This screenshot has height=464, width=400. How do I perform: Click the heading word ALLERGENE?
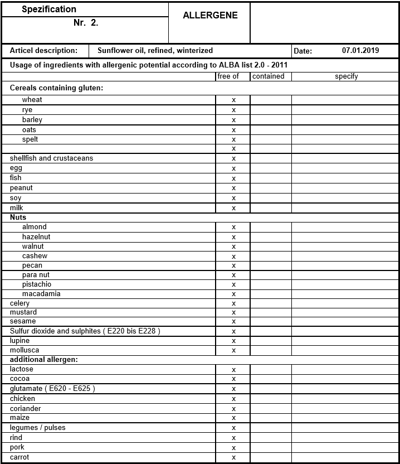tap(210, 16)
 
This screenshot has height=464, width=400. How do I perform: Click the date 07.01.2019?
tap(360, 50)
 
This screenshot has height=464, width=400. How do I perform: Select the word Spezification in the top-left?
tap(49, 9)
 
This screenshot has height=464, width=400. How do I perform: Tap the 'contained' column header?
tap(269, 76)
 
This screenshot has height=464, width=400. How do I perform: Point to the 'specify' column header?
tap(346, 76)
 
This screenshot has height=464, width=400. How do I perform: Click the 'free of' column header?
tap(228, 76)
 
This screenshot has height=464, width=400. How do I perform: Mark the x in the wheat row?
tap(233, 100)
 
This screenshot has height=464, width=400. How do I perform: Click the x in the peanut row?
tap(233, 188)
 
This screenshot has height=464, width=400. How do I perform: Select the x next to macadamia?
tap(233, 294)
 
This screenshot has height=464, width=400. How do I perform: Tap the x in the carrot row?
tap(233, 458)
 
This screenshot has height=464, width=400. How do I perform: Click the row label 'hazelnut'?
tap(36, 237)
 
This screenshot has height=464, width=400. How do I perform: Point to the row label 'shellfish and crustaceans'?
tap(51, 158)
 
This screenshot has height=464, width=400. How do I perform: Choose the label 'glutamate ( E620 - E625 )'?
tap(52, 389)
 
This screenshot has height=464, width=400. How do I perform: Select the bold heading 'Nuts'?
tap(18, 217)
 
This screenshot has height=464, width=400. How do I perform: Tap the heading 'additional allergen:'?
tap(43, 360)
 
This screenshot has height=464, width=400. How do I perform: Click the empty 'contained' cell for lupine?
tap(271, 341)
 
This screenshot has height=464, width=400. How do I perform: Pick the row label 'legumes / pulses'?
tap(37, 428)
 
